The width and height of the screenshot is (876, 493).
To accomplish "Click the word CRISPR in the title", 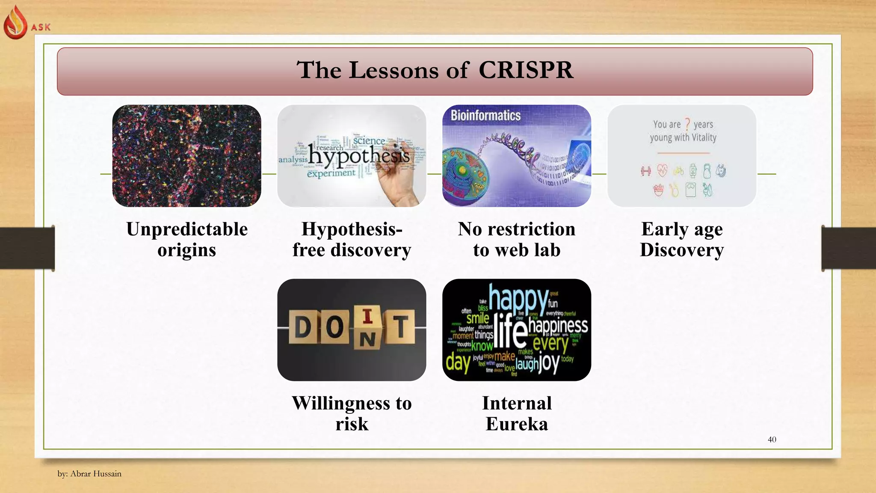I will click(525, 70).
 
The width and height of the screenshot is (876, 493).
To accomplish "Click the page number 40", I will click(772, 440).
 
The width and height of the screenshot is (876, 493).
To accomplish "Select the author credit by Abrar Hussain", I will click(89, 474).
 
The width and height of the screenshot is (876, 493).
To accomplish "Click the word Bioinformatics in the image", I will click(485, 116).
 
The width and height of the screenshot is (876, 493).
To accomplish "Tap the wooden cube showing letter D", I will click(303, 327).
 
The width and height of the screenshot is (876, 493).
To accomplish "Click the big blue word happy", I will click(518, 298).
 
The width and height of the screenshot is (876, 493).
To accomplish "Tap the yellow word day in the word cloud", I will click(458, 362).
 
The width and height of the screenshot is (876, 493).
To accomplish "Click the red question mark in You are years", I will click(687, 124).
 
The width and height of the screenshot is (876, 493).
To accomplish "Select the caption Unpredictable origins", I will click(187, 239).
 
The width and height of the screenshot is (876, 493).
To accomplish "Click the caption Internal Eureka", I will click(517, 413).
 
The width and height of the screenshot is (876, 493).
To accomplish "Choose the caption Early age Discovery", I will click(682, 239).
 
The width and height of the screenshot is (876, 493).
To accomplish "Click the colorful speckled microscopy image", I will click(187, 156).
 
